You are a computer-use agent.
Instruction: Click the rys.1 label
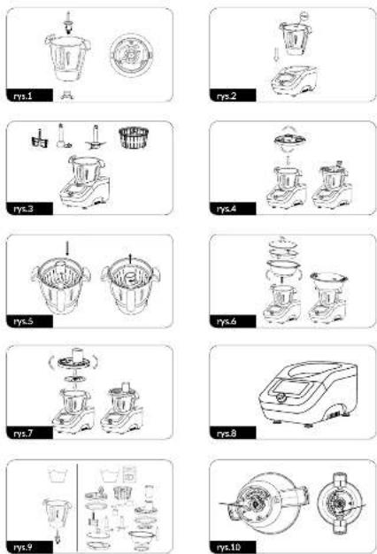[23, 96]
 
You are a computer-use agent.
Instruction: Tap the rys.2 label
[227, 96]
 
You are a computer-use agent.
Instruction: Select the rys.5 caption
[23, 321]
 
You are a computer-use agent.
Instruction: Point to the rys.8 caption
[227, 433]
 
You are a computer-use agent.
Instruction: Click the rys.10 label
[228, 547]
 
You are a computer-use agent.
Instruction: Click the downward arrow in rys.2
[276, 55]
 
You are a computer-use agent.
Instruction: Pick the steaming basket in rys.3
[134, 137]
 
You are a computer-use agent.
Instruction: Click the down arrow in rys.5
[67, 249]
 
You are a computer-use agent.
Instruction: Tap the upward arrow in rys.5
[130, 259]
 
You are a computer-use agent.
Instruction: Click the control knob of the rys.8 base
[281, 397]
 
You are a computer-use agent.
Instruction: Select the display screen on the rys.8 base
[289, 388]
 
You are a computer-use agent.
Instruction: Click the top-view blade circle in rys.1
[132, 55]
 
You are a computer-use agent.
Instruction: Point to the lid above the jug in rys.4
[289, 140]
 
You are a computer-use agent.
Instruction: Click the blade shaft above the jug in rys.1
[68, 23]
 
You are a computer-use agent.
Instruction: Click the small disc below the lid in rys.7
[75, 379]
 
